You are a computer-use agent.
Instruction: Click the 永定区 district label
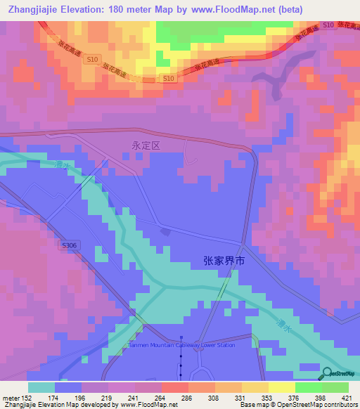tap(146, 145)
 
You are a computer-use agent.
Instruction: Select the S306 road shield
tap(68, 245)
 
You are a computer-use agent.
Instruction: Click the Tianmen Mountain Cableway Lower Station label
tap(181, 344)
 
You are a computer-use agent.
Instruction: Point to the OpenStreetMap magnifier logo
tap(328, 375)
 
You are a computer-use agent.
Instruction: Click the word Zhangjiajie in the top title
tap(37, 10)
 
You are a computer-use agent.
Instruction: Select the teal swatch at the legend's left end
tap(41, 387)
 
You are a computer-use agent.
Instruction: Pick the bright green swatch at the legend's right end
tap(335, 387)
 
